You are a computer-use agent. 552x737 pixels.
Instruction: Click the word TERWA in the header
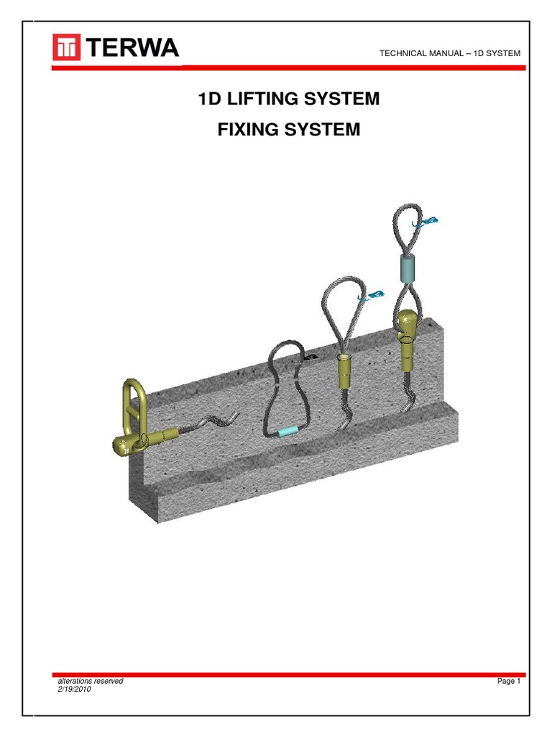[134, 48]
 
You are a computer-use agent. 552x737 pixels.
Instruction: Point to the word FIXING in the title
[247, 130]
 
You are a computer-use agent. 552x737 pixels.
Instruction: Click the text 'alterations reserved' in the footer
[90, 681]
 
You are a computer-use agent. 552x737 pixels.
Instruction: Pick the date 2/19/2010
[74, 689]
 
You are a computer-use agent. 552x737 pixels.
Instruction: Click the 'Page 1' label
[507, 682]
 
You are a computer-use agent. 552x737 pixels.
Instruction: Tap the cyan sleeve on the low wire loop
[287, 431]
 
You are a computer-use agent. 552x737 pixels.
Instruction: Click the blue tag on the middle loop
[374, 296]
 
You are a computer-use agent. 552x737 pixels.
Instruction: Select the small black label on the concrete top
[311, 357]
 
